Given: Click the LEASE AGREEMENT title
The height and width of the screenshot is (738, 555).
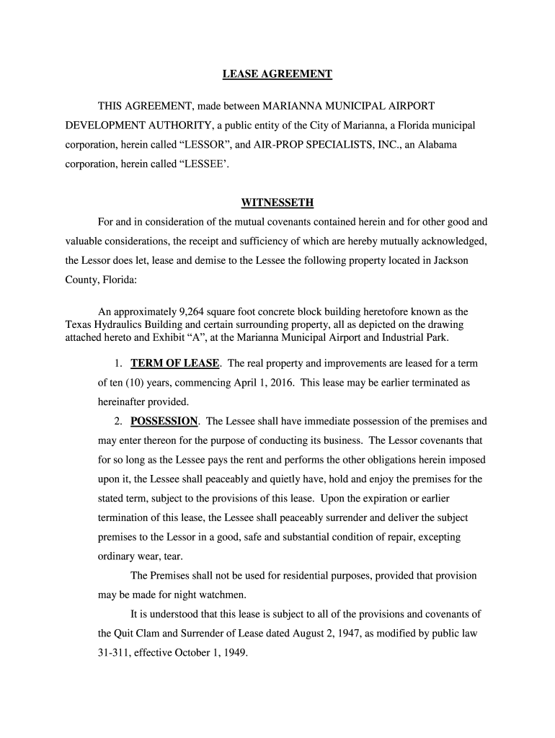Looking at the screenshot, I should [x=277, y=74].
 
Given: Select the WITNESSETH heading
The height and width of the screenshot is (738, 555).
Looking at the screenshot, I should [x=277, y=203].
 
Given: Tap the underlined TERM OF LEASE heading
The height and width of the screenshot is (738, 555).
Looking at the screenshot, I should [x=174, y=363].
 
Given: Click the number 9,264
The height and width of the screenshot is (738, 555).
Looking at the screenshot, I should [x=190, y=312].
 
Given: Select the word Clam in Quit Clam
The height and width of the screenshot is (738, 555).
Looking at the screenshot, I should [x=148, y=634].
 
